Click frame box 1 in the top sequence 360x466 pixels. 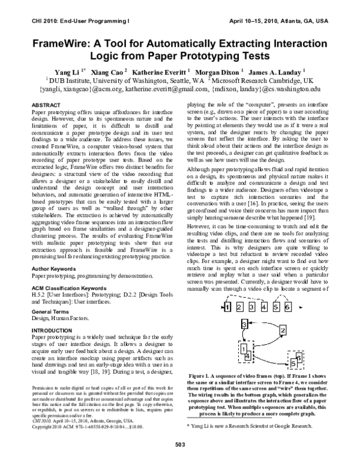227,307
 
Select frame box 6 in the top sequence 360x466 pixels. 288,307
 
